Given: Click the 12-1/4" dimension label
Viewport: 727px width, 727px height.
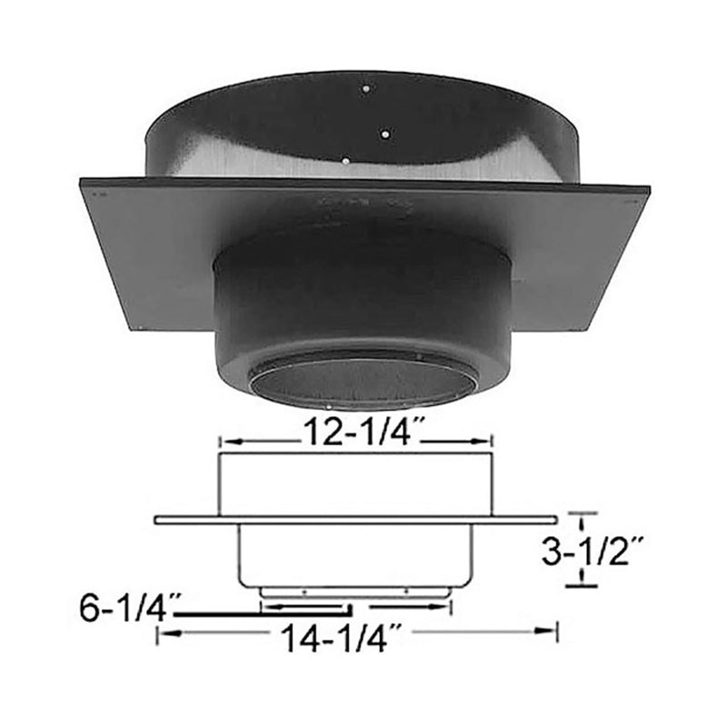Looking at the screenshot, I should pos(356,437).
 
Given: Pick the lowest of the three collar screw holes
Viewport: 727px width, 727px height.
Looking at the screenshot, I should pos(345,160).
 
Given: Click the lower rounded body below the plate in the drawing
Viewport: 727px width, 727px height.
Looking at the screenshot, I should pos(356,554).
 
